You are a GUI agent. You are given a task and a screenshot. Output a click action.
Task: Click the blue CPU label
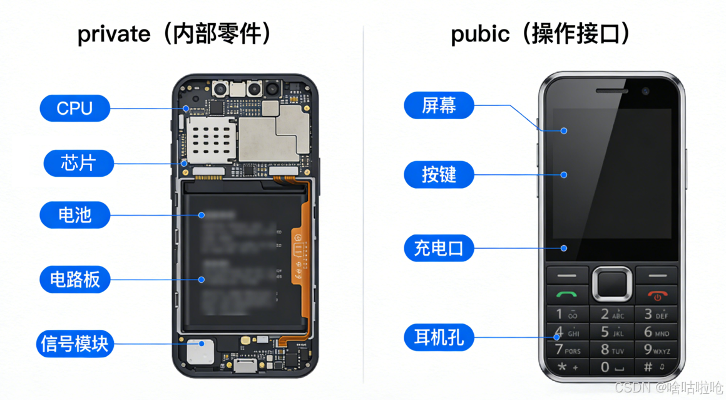point(75,108)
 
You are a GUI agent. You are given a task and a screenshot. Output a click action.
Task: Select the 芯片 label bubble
point(79,164)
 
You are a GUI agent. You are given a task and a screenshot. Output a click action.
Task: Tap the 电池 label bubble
point(75,215)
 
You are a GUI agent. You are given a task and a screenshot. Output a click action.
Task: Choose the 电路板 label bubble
point(75,279)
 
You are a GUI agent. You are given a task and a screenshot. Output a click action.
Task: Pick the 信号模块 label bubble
point(74,344)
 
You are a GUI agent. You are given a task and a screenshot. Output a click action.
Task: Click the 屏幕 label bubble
point(439,105)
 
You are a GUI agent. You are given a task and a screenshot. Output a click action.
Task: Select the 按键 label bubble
point(439,175)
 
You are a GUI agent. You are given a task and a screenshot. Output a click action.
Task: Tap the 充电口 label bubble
point(439,248)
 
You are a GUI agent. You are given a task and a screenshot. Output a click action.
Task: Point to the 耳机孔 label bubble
point(439,338)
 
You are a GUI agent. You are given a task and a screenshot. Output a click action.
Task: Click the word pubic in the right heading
point(480,34)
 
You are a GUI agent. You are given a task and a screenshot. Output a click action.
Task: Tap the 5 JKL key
point(612,332)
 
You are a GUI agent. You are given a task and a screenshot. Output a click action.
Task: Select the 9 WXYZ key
point(657,349)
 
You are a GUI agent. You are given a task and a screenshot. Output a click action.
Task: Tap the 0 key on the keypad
point(612,367)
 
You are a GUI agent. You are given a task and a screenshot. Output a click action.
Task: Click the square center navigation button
point(613,284)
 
